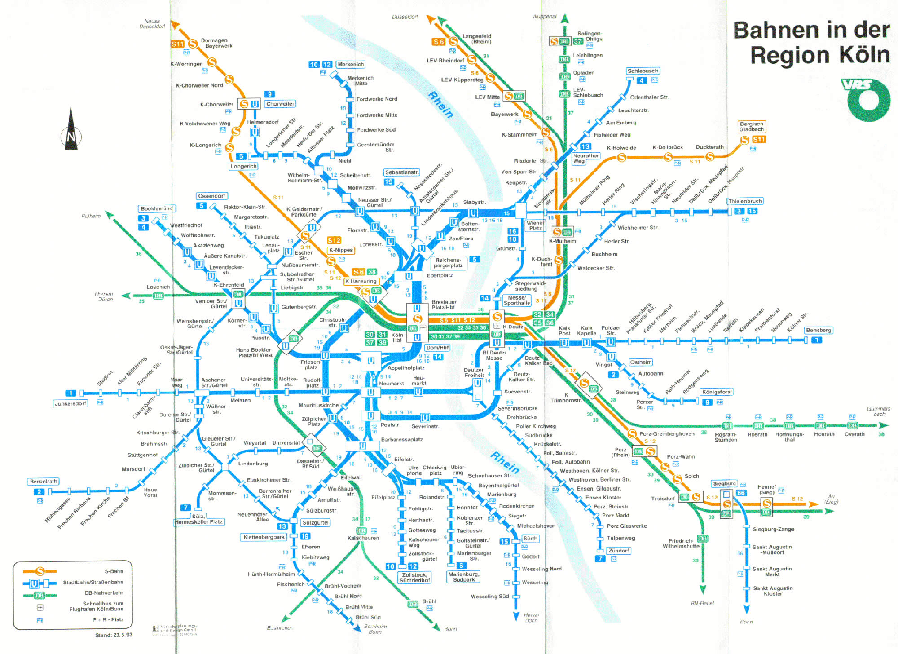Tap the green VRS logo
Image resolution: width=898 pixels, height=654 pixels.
coord(865,99)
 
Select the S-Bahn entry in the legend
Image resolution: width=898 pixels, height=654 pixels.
coord(114,571)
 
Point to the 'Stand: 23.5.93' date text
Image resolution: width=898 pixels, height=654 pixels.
coord(114,635)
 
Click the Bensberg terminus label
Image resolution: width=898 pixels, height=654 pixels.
coord(818,330)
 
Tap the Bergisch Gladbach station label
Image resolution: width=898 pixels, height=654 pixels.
coord(752,127)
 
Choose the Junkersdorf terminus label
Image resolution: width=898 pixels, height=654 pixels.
coord(70,403)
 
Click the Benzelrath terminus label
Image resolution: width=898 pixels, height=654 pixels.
coord(43,481)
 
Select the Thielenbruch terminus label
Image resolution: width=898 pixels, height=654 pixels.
coord(745,201)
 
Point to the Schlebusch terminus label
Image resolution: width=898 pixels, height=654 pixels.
coord(643,71)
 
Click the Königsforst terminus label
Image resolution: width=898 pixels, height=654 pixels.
coord(717,392)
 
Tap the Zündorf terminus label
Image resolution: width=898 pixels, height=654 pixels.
coord(618,550)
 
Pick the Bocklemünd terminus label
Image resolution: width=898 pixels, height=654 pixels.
coord(156,208)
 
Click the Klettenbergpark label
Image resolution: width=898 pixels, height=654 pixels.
coord(264,537)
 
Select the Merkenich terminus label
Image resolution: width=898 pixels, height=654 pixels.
coord(350,64)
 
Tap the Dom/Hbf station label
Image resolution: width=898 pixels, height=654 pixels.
coord(437,347)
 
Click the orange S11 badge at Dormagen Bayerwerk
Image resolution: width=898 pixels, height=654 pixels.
coord(177,44)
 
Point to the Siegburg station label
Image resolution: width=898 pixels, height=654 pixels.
coord(724,484)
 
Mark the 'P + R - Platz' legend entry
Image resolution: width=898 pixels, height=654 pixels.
coord(108,620)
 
